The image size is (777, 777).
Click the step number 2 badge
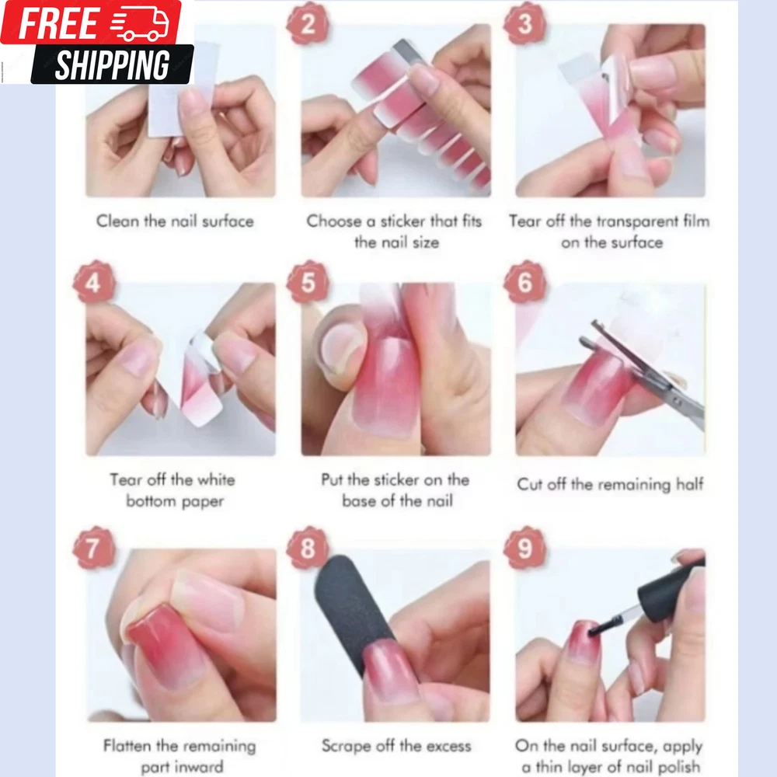(307, 23)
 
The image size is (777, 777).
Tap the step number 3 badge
(524, 23)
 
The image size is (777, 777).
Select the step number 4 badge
(94, 282)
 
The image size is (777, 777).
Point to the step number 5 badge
(307, 282)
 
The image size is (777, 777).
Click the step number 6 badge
(524, 282)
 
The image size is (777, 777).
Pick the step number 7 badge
(94, 548)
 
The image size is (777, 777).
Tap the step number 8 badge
(307, 548)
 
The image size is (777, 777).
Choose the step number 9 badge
(524, 548)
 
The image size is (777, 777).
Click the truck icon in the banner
(140, 24)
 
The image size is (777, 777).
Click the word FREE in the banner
(59, 24)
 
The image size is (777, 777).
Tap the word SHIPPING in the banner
(112, 64)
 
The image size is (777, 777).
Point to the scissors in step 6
(644, 371)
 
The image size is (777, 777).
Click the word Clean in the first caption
(117, 221)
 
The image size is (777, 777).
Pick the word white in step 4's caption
(216, 479)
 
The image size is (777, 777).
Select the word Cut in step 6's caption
(529, 484)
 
